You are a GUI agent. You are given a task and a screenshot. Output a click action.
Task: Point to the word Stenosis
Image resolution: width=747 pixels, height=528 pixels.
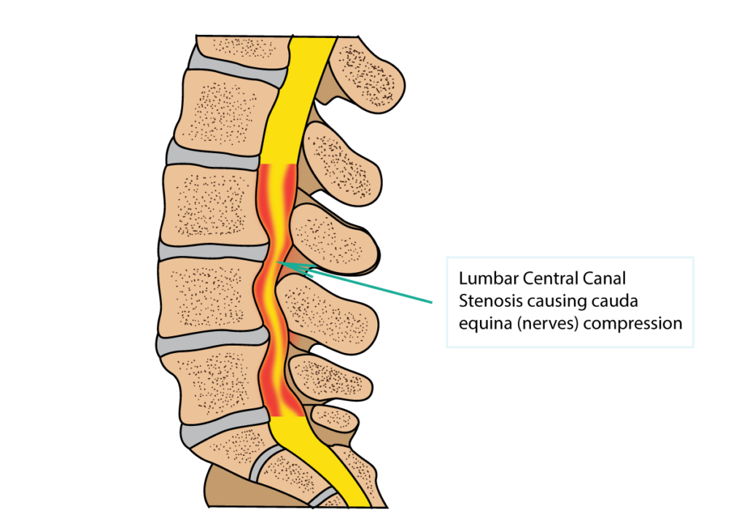point(487,301)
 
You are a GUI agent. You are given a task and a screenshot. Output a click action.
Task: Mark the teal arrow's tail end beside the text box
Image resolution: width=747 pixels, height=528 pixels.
point(432,301)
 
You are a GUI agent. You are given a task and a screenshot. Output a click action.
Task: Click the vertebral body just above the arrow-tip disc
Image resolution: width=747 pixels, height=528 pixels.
point(212,204)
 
